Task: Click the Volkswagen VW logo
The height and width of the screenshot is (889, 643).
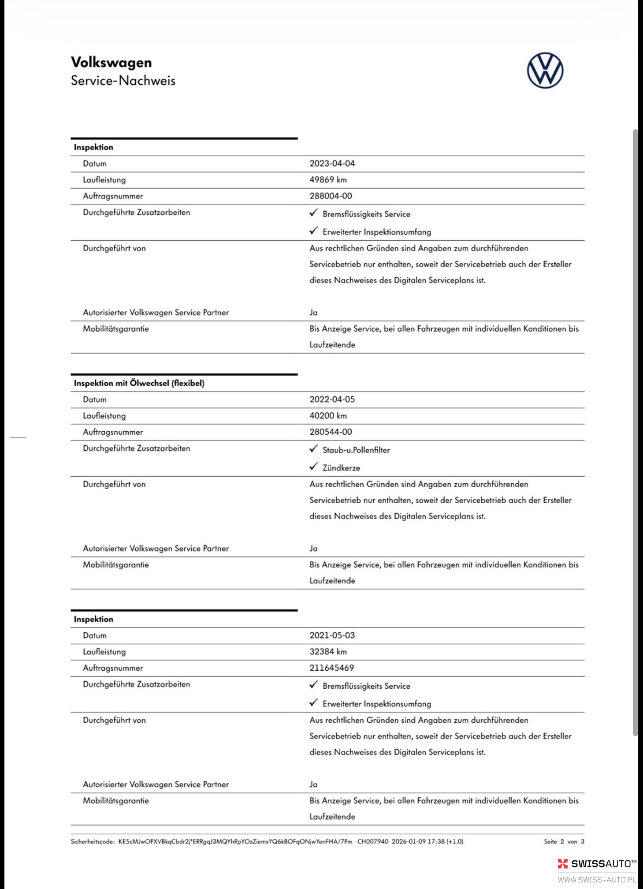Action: (545, 71)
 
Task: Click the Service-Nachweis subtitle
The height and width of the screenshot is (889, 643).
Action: (123, 81)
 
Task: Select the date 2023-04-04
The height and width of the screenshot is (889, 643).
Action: (332, 164)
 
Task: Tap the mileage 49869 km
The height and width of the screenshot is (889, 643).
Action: (328, 180)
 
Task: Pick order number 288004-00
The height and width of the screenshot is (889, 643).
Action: (331, 196)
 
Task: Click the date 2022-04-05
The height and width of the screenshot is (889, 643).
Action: (332, 400)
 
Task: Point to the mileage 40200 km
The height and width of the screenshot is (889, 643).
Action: (328, 416)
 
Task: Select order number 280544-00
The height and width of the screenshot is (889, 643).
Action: (331, 432)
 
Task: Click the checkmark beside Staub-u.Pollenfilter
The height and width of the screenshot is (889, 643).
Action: (313, 449)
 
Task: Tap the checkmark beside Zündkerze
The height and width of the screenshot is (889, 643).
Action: (313, 467)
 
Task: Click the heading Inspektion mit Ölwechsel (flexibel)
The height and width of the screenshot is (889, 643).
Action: (139, 383)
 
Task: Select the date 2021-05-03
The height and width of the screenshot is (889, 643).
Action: (332, 635)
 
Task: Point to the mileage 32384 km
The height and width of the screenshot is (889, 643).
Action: (328, 652)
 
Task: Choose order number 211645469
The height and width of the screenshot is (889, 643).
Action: (331, 668)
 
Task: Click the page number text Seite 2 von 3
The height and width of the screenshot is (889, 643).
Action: (564, 842)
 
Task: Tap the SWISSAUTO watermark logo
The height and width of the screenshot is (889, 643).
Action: (597, 864)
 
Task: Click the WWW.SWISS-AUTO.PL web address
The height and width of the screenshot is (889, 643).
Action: (597, 880)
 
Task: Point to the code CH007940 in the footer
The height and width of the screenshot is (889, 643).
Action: (373, 842)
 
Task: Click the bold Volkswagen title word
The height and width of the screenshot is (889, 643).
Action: (111, 63)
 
